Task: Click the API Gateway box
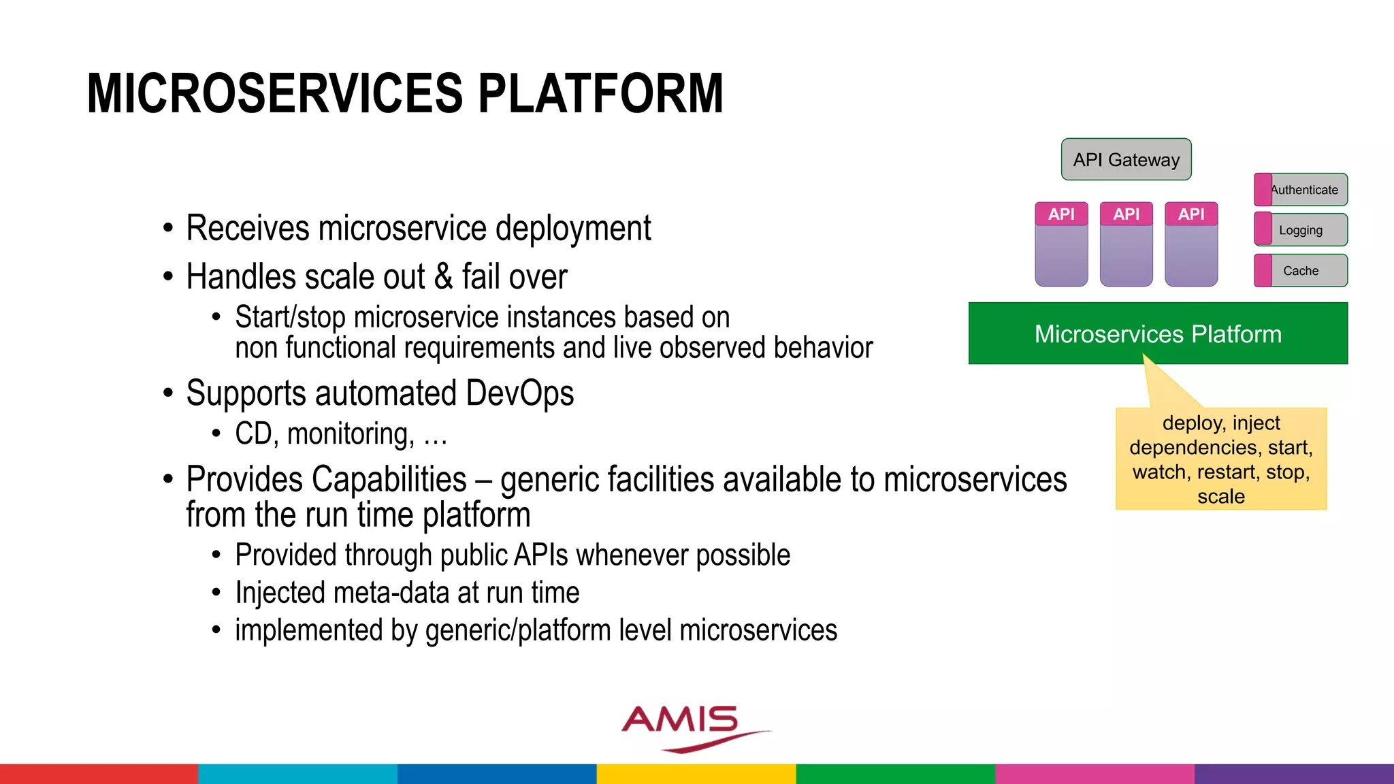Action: coord(1126,159)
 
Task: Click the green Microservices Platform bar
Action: coord(1157,333)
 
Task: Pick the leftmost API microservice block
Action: coord(1061,245)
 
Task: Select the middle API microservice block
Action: coord(1126,245)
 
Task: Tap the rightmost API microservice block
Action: coord(1191,245)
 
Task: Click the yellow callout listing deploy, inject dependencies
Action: coord(1221,459)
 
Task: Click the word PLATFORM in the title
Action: coord(600,93)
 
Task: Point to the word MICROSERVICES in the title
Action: coord(275,93)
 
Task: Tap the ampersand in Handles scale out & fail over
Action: coord(443,276)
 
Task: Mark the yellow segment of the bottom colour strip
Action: coord(696,774)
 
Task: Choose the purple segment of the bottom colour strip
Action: coord(1293,774)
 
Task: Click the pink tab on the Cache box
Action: coord(1263,271)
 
